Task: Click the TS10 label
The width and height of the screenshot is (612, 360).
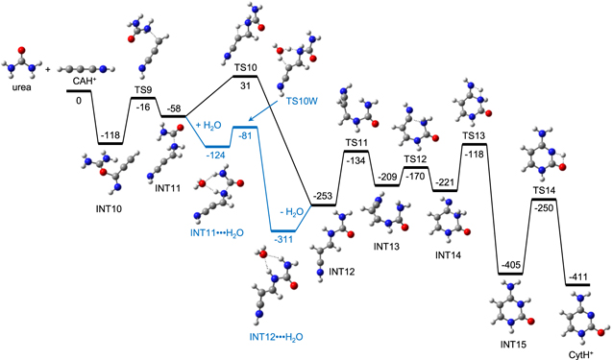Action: pos(246,68)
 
